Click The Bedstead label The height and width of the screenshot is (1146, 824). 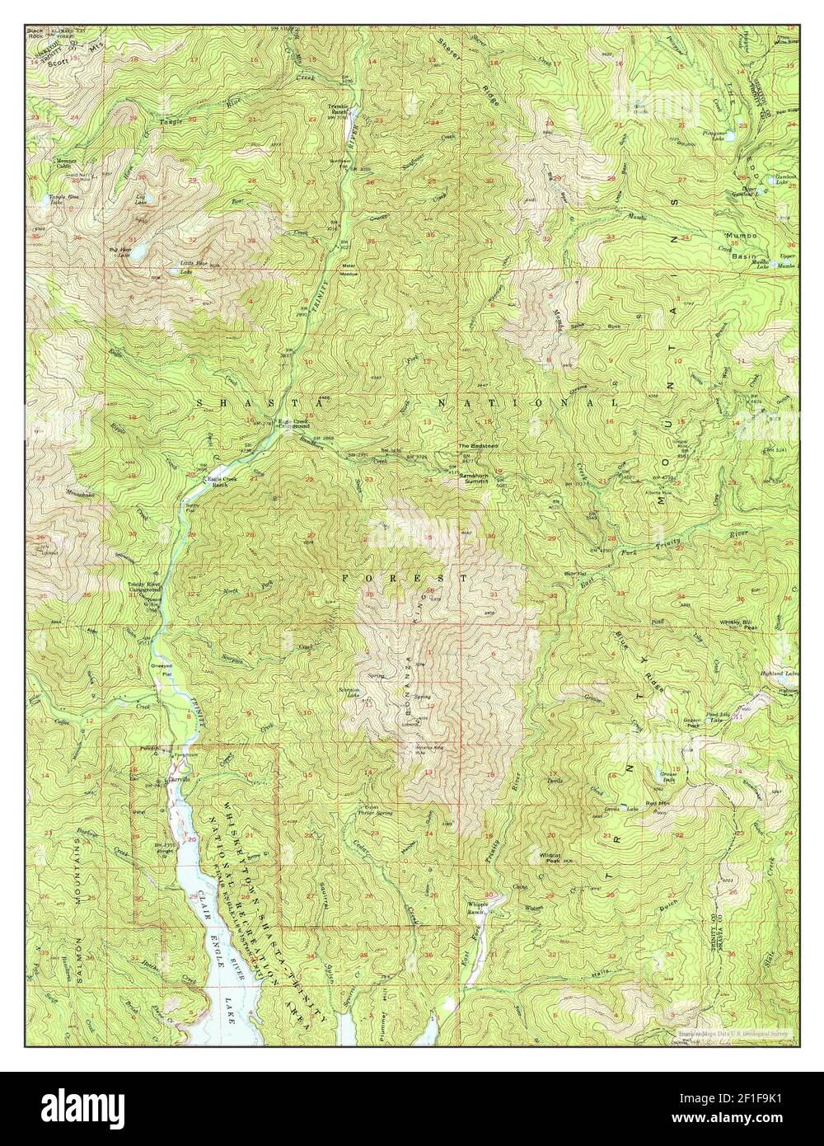tap(476, 447)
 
